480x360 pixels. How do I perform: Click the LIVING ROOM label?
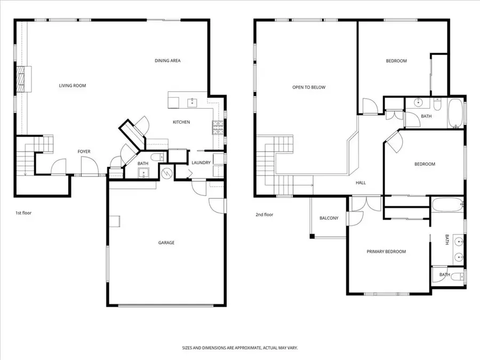point(72,85)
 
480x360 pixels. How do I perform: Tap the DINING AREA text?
point(167,61)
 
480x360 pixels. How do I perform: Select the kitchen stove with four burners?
point(218,127)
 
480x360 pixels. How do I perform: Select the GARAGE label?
point(166,243)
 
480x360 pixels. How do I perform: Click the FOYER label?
point(84,152)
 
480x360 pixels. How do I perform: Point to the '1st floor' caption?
point(23,213)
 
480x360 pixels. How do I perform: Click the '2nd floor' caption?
point(264,214)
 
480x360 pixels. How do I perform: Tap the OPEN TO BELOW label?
point(308,87)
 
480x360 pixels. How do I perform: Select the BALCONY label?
point(329,218)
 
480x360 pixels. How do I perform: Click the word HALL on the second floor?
point(361,183)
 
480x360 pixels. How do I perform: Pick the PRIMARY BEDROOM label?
point(386,252)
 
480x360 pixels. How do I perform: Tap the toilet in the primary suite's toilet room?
point(457,276)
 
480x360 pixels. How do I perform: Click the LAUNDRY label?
point(201,163)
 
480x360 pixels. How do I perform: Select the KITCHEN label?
point(181,122)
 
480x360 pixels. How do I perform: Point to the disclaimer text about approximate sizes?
point(239,347)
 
